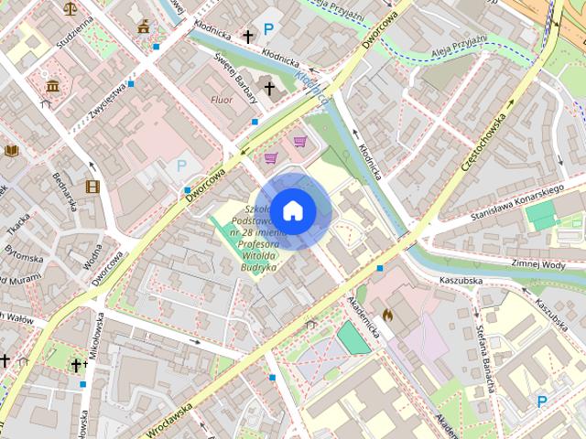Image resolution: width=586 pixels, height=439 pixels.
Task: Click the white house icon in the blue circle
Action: (293, 210)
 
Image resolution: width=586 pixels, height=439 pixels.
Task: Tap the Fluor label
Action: (222, 99)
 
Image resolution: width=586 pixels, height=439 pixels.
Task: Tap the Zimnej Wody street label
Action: (538, 262)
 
